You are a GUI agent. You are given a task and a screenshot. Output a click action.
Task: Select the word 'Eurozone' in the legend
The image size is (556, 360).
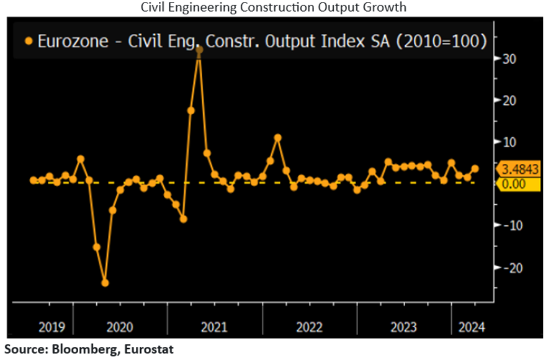65,42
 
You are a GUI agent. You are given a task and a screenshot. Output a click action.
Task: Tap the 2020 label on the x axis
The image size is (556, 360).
120,326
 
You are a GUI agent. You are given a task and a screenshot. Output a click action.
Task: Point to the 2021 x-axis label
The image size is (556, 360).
214,326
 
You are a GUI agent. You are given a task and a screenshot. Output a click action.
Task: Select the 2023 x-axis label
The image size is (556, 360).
403,326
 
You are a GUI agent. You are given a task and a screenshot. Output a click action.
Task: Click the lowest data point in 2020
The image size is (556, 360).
105,283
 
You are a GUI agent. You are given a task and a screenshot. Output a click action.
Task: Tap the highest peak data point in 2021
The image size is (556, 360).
199,50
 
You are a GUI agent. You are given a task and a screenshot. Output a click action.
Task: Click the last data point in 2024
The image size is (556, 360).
475,168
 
